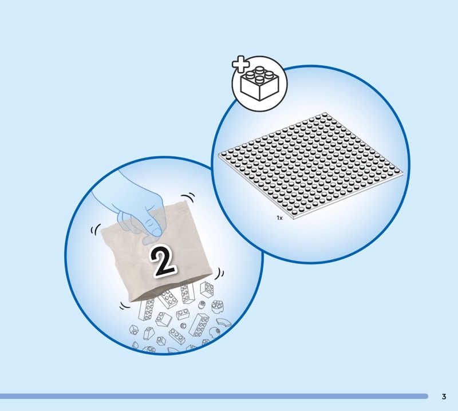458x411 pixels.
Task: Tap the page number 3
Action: [x=444, y=396]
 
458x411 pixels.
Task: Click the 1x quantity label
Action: [x=279, y=218]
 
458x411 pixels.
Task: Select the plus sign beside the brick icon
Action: [x=240, y=64]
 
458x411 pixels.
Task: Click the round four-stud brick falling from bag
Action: [x=218, y=307]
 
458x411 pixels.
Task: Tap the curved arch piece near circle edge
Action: [x=223, y=323]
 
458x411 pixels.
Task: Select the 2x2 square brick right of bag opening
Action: [x=207, y=289]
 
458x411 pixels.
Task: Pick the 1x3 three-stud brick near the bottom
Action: [x=177, y=336]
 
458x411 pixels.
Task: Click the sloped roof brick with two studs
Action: [x=164, y=319]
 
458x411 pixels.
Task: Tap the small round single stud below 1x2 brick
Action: [x=183, y=325]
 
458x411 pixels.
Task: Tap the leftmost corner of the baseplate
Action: [x=219, y=155]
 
